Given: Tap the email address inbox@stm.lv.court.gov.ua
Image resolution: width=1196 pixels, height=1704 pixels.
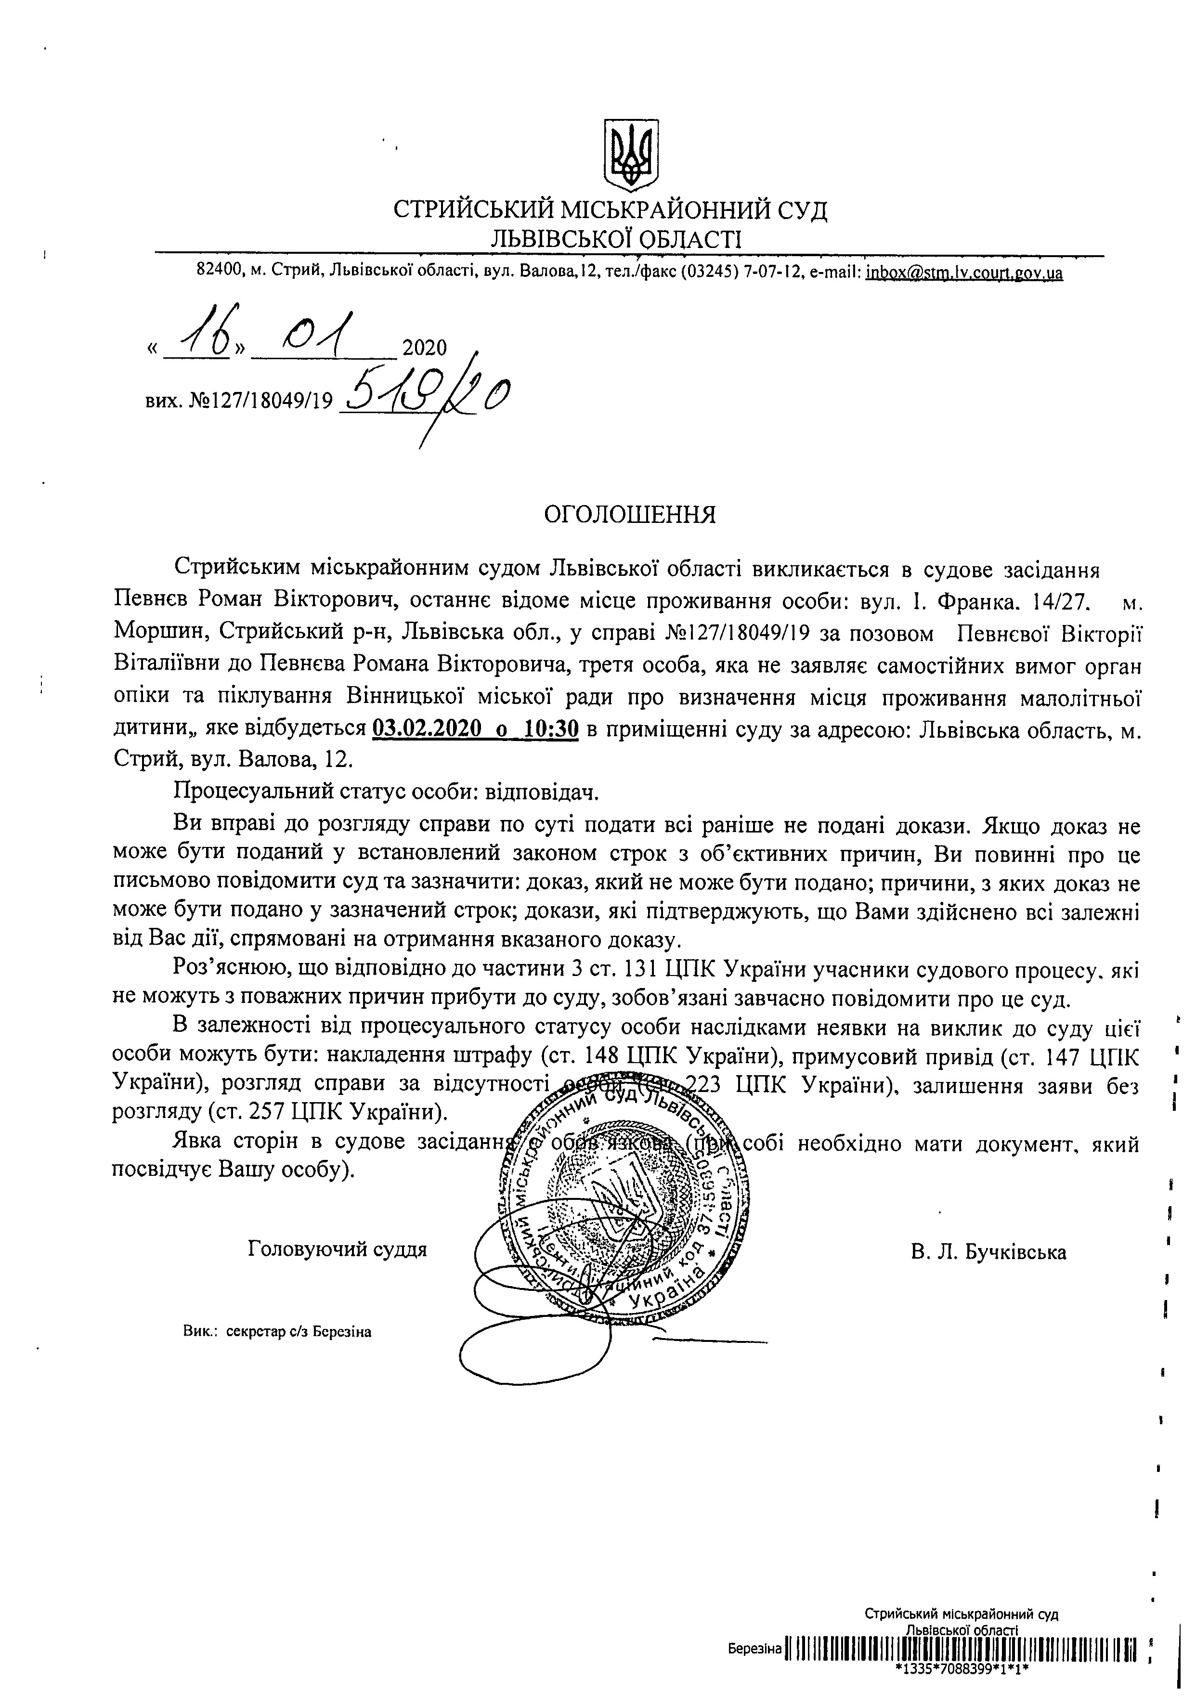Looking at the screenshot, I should tap(964, 273).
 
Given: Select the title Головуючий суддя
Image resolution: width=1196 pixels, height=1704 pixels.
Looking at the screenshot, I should tap(338, 1249).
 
